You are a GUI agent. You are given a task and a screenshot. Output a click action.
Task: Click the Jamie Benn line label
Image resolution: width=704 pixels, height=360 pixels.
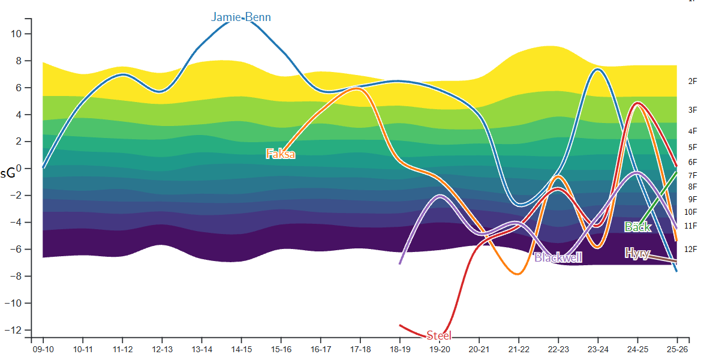tap(241, 17)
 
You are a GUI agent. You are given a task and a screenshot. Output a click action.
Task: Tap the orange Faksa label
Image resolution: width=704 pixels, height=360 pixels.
tap(281, 154)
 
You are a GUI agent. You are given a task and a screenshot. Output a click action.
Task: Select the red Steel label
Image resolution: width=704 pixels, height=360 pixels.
tap(439, 335)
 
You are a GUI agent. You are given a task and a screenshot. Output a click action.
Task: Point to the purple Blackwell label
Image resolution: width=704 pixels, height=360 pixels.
tap(558, 257)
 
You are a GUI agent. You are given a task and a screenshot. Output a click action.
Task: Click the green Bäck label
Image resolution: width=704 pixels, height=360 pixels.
tap(637, 227)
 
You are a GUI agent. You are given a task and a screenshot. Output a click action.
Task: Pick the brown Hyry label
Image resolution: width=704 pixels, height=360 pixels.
tap(637, 253)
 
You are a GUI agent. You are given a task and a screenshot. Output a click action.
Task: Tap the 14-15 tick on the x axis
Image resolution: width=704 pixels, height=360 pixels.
tap(242, 349)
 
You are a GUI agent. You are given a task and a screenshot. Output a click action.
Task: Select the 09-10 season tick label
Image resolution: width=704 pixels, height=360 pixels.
tap(44, 349)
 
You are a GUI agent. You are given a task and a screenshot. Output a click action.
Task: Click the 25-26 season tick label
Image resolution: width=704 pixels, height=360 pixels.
tap(677, 349)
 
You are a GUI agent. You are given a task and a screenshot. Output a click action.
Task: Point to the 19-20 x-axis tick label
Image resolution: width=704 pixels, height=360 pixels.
tap(440, 349)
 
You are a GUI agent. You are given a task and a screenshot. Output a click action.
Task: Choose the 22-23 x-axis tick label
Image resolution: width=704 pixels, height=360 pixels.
tap(558, 349)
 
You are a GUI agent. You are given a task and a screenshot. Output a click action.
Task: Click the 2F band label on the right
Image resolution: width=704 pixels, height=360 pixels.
tap(693, 82)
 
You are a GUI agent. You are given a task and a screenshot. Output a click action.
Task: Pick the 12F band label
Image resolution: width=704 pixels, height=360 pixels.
tap(691, 249)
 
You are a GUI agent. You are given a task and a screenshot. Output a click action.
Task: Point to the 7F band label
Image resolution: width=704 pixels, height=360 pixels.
tap(693, 175)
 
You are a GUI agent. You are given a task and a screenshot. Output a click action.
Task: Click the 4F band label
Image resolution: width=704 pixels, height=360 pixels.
tap(693, 131)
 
